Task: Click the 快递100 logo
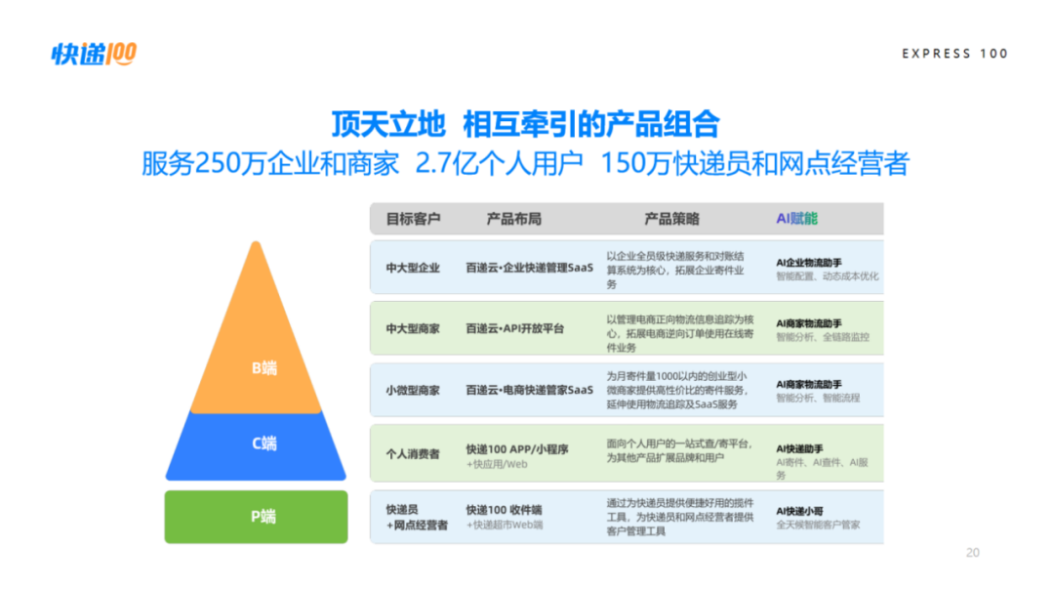[x=94, y=54]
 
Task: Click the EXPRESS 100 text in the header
[x=954, y=54]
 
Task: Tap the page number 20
[x=972, y=553]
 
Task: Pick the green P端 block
[x=256, y=517]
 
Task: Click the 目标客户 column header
[x=413, y=219]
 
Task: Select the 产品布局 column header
[x=513, y=219]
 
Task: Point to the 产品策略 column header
[x=671, y=219]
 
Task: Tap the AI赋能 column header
[x=796, y=219]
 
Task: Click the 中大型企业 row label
[x=413, y=268]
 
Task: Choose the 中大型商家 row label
[x=413, y=329]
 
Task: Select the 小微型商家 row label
[x=413, y=391]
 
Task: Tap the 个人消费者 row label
[x=413, y=453]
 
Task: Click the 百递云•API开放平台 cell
[x=514, y=329]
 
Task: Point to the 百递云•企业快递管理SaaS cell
[x=529, y=268]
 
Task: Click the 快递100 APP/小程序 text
[x=516, y=449]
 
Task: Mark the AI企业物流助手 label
[x=809, y=263]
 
